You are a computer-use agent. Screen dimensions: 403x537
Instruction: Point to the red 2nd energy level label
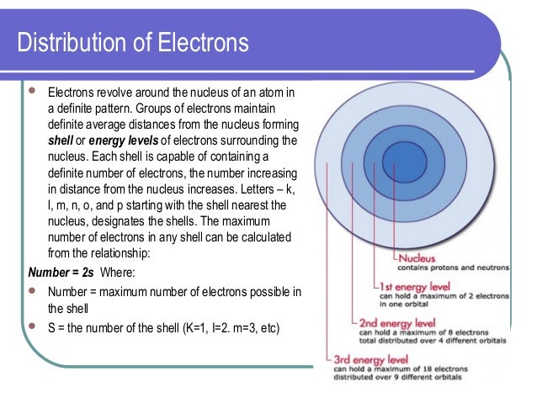pyautogui.click(x=397, y=322)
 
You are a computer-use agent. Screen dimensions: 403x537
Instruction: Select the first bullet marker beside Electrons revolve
pyautogui.click(x=33, y=91)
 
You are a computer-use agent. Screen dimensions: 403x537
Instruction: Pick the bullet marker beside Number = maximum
pyautogui.click(x=33, y=291)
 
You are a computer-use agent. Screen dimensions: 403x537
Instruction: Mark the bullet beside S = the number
pyautogui.click(x=33, y=326)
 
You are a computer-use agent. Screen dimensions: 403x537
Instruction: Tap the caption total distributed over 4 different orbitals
pyautogui.click(x=430, y=342)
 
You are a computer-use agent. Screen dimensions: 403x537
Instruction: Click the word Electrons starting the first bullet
pyautogui.click(x=71, y=92)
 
